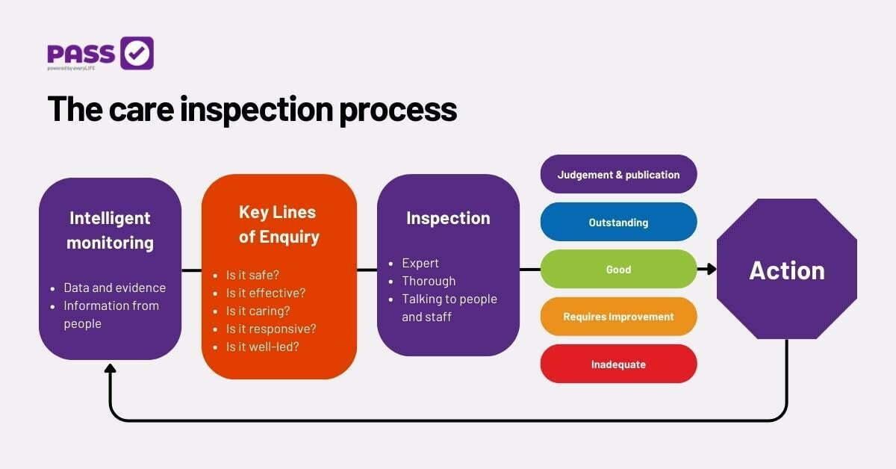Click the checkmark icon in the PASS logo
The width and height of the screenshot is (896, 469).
point(137,53)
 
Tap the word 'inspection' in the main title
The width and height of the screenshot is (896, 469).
point(256,110)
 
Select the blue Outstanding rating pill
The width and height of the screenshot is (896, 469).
point(618,222)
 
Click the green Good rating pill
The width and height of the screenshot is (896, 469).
point(618,269)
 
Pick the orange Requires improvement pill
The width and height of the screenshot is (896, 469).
point(618,317)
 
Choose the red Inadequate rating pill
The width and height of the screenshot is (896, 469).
point(618,364)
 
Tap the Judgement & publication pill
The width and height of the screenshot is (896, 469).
point(618,174)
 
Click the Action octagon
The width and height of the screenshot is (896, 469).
point(787,269)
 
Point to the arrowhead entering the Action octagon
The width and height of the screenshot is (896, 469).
point(711,269)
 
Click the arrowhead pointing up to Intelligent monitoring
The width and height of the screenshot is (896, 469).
point(110,368)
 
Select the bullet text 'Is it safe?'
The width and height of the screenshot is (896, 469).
point(252,275)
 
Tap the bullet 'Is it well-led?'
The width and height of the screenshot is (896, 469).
point(262,347)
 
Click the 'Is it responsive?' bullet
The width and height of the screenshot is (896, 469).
point(271,329)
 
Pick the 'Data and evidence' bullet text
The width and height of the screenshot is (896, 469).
point(114,288)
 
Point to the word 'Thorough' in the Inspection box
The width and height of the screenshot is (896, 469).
point(429,281)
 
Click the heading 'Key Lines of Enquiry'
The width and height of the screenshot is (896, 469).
point(279,225)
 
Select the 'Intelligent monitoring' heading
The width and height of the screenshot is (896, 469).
point(110,231)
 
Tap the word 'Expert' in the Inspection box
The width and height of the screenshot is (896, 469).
point(420,264)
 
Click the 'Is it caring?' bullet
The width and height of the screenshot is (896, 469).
point(258,311)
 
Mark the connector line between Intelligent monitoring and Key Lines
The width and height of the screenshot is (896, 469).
point(192,270)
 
